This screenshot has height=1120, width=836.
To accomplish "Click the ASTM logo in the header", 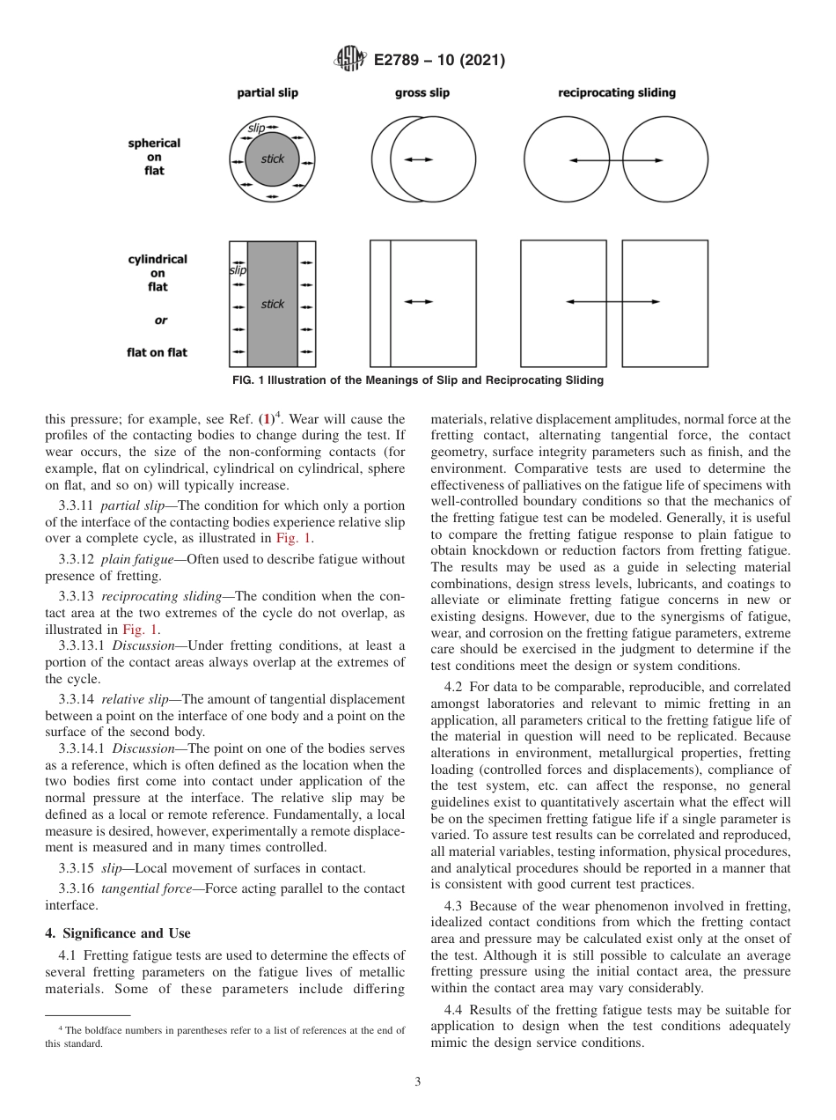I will [x=350, y=61].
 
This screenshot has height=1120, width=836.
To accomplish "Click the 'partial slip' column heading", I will [x=268, y=93].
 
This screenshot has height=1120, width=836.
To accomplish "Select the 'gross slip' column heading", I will [x=422, y=93].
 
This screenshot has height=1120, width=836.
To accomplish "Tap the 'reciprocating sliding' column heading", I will [x=617, y=93].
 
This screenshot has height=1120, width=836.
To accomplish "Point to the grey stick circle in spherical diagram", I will [x=272, y=160].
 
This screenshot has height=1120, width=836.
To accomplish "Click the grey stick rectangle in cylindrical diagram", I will [x=272, y=304].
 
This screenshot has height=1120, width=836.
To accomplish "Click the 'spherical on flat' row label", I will [x=154, y=157].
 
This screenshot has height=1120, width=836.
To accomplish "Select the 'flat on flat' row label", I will [x=157, y=353].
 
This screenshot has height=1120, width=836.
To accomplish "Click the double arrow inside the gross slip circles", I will [x=418, y=159].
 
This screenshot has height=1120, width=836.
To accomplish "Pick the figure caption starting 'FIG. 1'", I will [x=418, y=380].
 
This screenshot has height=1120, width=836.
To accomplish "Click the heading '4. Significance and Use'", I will [x=118, y=933].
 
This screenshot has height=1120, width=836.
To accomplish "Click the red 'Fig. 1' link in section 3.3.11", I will [x=288, y=538].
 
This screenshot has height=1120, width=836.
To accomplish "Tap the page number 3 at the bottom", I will [x=418, y=1082].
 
